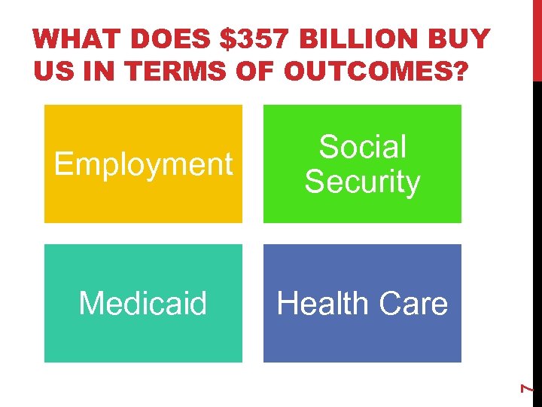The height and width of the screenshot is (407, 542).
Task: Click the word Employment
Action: click(x=143, y=164)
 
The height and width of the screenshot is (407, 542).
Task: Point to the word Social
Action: click(x=362, y=147)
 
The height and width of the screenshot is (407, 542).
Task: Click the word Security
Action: click(x=362, y=182)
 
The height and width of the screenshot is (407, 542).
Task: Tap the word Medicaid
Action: click(x=143, y=304)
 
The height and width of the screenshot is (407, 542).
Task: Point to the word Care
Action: click(x=413, y=304)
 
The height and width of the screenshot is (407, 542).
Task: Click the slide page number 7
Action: click(x=528, y=387)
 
